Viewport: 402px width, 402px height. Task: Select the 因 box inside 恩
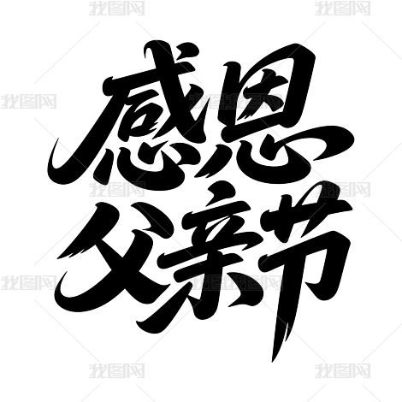tap(265, 88)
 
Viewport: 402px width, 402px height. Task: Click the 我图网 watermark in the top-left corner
tap(116, 9)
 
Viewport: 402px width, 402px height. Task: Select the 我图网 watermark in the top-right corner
tap(343, 9)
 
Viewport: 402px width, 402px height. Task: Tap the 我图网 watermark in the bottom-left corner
tap(116, 370)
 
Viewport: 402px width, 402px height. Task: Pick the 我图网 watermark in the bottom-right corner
tap(343, 370)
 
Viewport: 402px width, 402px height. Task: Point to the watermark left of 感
tap(28, 101)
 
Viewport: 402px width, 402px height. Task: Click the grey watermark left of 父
tap(28, 282)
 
